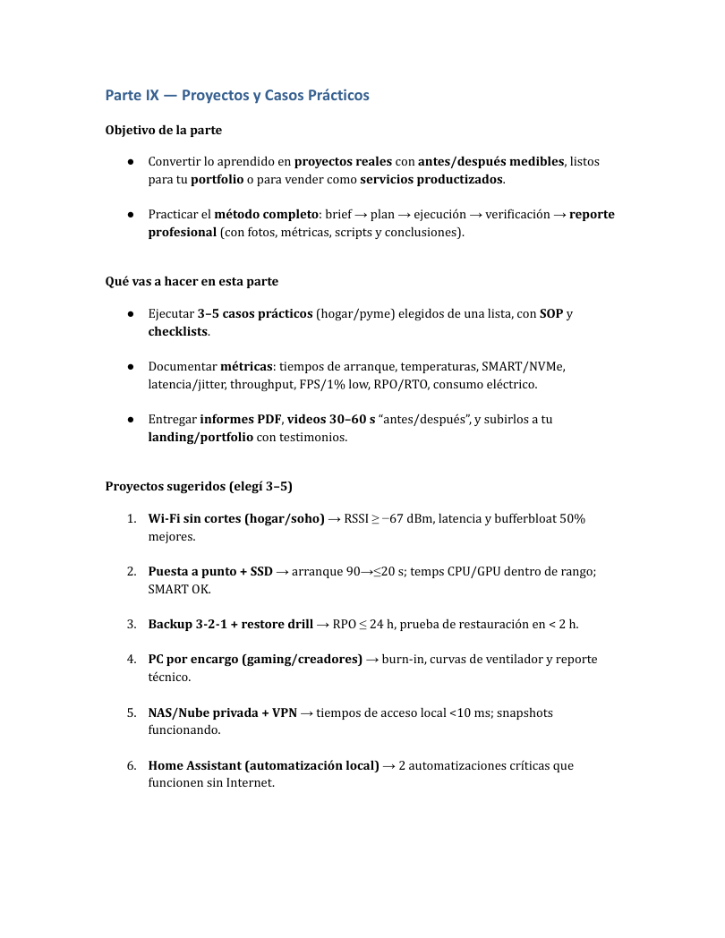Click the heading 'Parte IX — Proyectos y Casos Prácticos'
click(237, 95)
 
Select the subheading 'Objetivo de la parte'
click(164, 130)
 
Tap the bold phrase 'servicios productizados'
click(431, 179)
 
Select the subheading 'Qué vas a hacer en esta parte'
click(192, 281)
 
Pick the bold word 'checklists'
click(178, 331)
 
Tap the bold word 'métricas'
click(246, 367)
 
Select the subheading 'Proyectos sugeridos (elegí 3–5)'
click(199, 486)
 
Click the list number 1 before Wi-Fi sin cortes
click(131, 519)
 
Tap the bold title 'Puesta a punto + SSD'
click(210, 571)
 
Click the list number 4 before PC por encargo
click(131, 660)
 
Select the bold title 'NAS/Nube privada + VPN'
click(222, 712)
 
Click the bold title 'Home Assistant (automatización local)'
click(263, 765)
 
